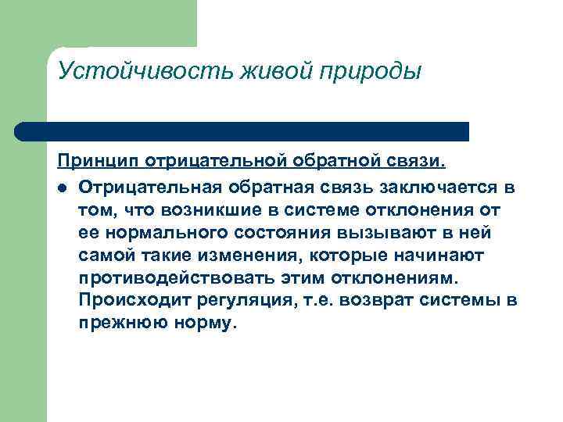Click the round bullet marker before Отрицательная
pos(62,188)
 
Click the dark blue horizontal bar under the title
pos(242,131)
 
